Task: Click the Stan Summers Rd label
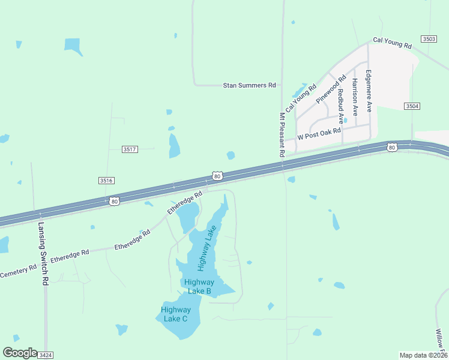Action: pyautogui.click(x=249, y=86)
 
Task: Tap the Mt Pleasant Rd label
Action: pyautogui.click(x=282, y=135)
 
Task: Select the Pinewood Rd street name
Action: pyautogui.click(x=332, y=89)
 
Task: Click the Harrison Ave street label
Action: pyautogui.click(x=355, y=97)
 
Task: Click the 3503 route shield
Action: pyautogui.click(x=429, y=38)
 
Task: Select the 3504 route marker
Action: pyautogui.click(x=412, y=106)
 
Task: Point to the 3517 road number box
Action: pyautogui.click(x=130, y=149)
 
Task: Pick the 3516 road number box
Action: pyautogui.click(x=106, y=180)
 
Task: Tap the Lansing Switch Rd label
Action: pyautogui.click(x=42, y=254)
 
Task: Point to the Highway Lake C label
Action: pyautogui.click(x=176, y=314)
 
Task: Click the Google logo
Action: pyautogui.click(x=20, y=353)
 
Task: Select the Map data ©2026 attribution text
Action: pyautogui.click(x=423, y=355)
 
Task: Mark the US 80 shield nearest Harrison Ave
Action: pyautogui.click(x=392, y=147)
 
